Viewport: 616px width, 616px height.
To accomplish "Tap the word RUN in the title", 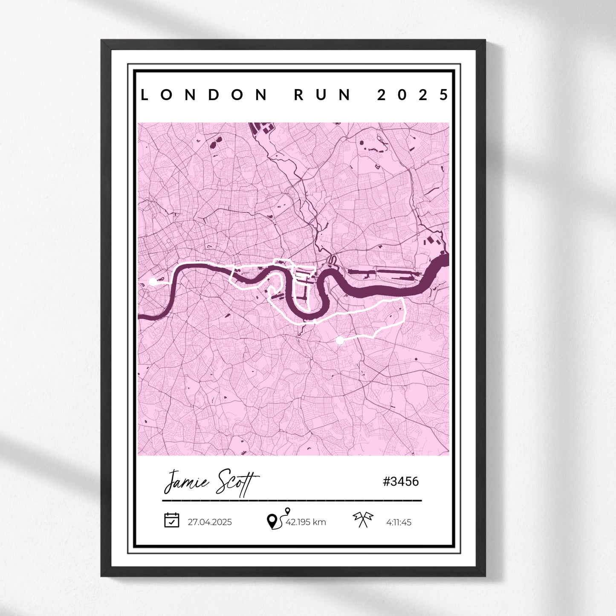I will point(322,95).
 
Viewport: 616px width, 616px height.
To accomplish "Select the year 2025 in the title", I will point(413,95).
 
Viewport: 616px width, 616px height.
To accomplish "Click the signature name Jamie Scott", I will point(211,482).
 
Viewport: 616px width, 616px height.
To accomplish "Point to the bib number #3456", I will point(401,482).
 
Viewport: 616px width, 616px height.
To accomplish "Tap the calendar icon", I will point(171,520).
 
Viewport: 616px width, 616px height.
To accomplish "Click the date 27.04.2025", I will point(210,522).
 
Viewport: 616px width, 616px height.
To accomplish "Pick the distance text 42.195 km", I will point(306,522).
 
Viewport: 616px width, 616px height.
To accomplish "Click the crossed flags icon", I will point(363,519).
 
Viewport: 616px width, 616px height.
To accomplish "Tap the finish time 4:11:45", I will point(399,522).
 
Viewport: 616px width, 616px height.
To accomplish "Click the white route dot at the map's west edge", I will point(153,281).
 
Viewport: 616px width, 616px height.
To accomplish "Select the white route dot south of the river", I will point(339,340).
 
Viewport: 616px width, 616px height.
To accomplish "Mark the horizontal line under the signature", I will point(292,500).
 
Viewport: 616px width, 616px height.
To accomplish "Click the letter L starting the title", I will point(145,95).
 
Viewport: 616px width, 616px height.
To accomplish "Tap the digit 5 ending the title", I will point(444,95).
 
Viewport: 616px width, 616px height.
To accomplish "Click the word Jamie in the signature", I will point(186,482).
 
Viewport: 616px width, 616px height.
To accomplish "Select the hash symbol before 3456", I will point(386,482).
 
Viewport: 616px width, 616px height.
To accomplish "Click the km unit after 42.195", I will point(319,522).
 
